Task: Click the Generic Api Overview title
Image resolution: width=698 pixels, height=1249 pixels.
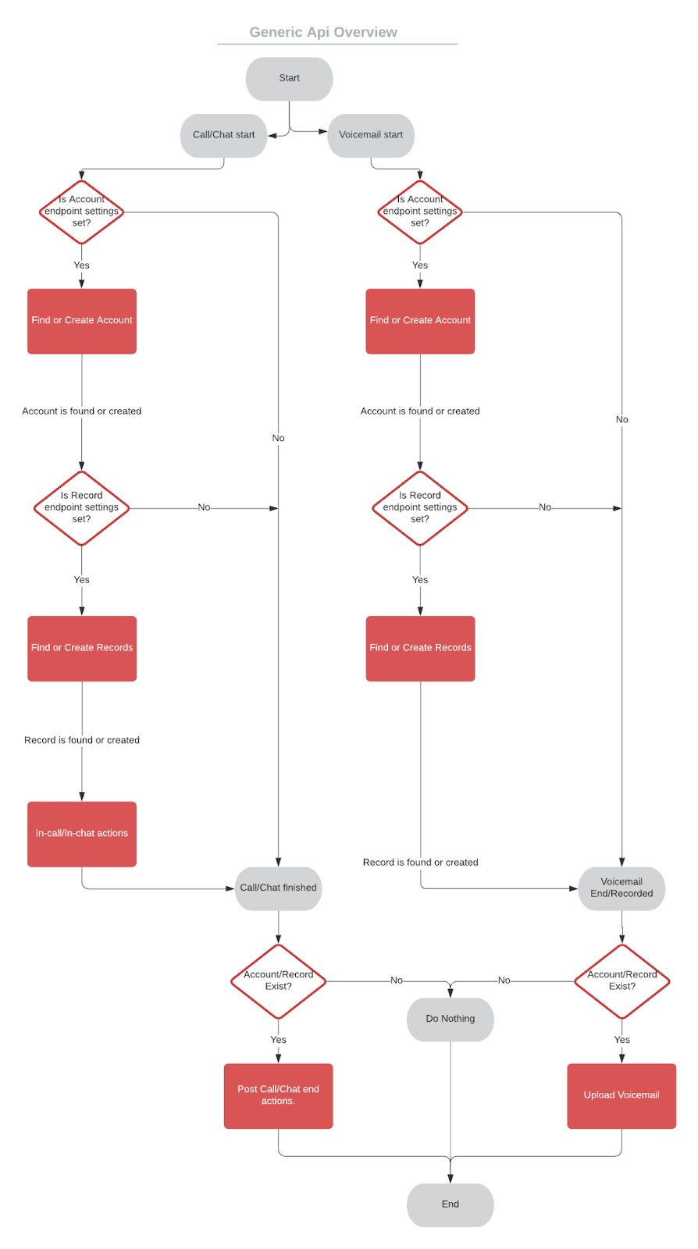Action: coord(323,32)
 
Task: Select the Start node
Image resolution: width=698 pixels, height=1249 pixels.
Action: coord(289,78)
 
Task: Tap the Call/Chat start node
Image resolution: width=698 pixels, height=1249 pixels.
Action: coord(223,135)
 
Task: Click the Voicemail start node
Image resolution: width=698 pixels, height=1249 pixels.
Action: coord(371,135)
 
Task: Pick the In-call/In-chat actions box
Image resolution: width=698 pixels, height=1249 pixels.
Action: coord(82,834)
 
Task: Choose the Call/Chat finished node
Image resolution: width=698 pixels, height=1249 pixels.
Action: coord(278,888)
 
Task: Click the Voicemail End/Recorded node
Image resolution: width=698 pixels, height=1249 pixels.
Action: coord(621,888)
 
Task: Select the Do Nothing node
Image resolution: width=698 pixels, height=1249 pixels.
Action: coord(450,1019)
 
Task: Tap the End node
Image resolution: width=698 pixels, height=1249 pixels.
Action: coord(450,1205)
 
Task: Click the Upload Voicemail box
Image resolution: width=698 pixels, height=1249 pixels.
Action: coord(621,1095)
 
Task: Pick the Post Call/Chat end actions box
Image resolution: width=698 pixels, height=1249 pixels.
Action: coord(278,1095)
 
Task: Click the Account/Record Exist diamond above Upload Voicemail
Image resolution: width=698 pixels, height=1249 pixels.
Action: coord(621,981)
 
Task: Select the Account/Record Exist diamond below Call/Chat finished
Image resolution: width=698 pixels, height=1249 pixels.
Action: coord(278,981)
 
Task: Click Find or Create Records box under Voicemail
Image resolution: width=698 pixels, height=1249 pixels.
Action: coord(420,648)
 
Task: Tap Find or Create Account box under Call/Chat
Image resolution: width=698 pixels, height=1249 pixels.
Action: coord(82,321)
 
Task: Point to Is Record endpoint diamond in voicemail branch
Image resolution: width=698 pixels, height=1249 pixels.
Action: coord(420,508)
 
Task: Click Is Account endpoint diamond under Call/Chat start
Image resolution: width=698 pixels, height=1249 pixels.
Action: coord(82,212)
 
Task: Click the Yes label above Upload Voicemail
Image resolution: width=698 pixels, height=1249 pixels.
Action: coord(621,1040)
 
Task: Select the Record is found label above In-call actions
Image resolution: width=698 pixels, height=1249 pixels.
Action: coord(82,740)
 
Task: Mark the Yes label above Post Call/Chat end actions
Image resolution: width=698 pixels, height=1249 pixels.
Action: coord(278,1040)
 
